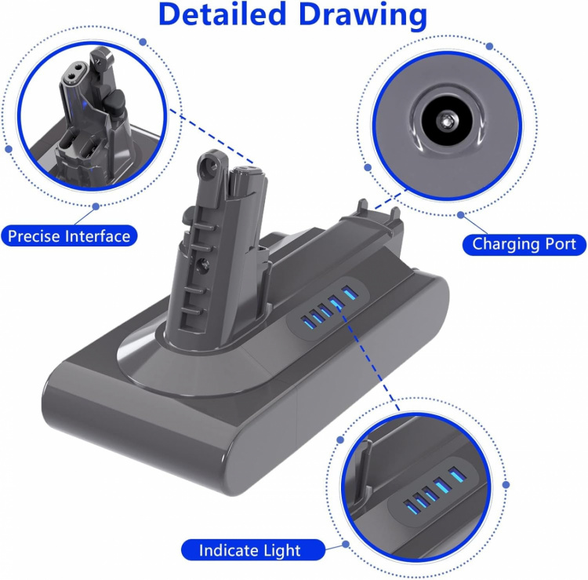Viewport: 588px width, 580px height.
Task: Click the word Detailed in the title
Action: tap(224, 16)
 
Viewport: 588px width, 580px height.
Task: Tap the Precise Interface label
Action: tap(69, 235)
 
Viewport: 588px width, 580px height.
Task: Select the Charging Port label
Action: tap(523, 244)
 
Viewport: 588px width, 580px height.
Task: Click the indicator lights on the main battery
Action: tap(326, 308)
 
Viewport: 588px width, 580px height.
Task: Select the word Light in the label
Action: tap(281, 550)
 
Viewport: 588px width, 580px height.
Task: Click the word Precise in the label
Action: tap(33, 235)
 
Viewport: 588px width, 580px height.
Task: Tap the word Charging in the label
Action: tap(505, 244)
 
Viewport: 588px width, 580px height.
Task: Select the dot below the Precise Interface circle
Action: tap(96, 206)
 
